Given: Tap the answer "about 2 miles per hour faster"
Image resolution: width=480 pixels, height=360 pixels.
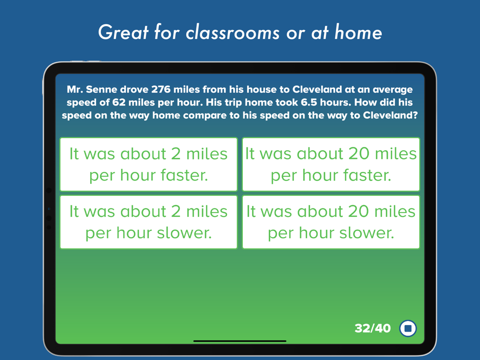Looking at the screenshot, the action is [148, 164].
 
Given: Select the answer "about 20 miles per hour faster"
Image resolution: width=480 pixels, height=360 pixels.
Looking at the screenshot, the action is [331, 164].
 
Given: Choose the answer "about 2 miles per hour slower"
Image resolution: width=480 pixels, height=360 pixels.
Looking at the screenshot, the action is [148, 222].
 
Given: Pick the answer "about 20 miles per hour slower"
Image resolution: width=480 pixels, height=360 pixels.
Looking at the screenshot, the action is [331, 222].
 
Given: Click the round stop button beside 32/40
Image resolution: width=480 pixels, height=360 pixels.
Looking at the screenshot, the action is [408, 328].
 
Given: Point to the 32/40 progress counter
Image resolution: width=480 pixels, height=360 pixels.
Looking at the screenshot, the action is [372, 328].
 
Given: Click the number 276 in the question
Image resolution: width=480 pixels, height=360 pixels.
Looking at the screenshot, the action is [161, 89].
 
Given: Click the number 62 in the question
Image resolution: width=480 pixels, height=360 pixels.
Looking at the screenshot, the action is [119, 102].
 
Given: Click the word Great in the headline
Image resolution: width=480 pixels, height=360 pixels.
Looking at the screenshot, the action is [123, 32].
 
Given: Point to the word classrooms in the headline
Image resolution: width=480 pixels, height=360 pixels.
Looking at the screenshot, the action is [233, 33].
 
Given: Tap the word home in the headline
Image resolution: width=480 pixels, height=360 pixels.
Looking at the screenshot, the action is [358, 32].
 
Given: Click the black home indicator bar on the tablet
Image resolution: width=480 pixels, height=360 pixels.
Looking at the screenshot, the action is [240, 341].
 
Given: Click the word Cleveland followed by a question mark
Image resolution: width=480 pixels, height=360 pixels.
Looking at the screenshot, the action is [390, 115].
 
